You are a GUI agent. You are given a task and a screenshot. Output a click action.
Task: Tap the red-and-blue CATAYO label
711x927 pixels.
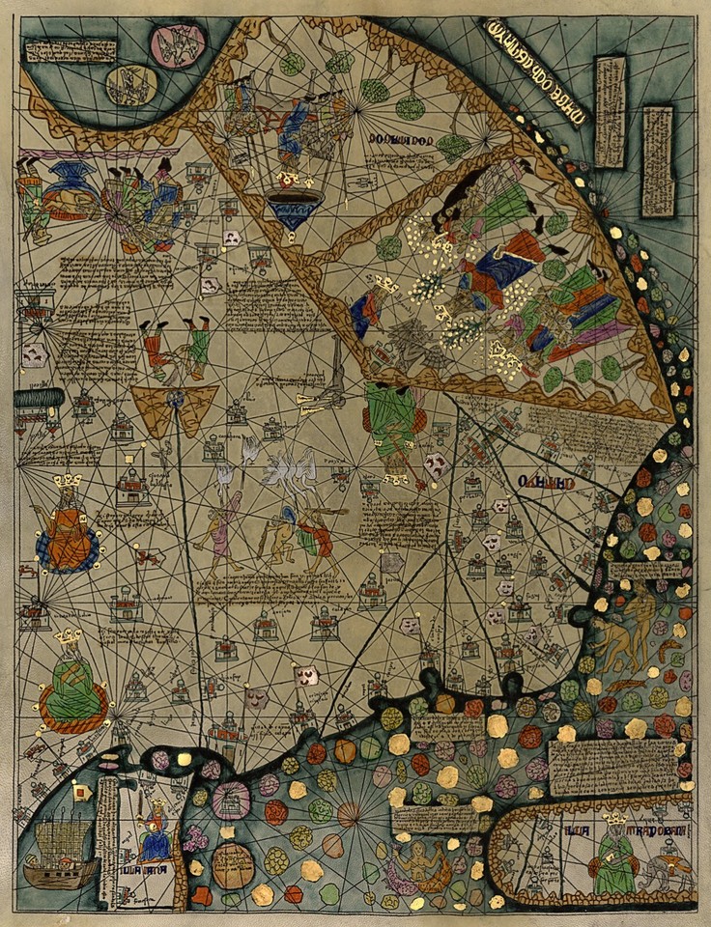coord(547,480)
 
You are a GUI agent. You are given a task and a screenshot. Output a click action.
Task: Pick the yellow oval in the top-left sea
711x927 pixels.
coord(131,85)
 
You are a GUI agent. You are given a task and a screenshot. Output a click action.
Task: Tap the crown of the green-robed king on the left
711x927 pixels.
coord(67,637)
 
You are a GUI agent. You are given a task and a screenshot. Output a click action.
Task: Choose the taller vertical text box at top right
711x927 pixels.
coord(610,111)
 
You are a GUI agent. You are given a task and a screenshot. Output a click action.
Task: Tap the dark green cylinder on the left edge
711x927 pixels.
coord(39,398)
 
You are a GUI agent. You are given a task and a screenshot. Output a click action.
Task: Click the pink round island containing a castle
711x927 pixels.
coord(232,801)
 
